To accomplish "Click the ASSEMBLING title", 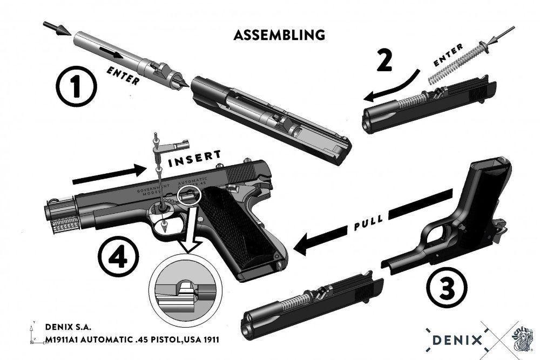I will (279, 35).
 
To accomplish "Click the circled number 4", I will (118, 258).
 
